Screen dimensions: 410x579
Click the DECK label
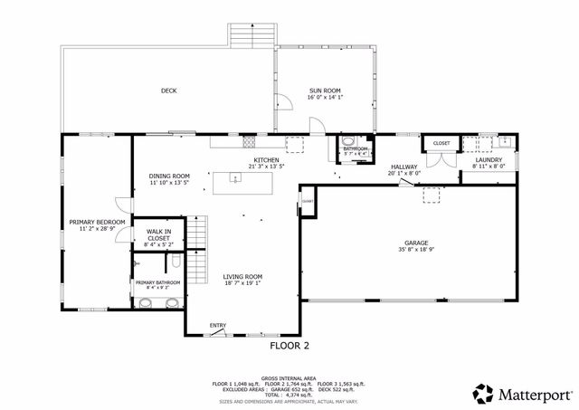pyautogui.click(x=168, y=91)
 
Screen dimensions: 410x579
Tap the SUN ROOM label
pyautogui.click(x=325, y=91)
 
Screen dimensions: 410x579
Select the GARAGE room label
pyautogui.click(x=415, y=243)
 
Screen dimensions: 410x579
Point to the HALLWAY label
pyautogui.click(x=403, y=167)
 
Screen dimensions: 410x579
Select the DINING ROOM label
pyautogui.click(x=169, y=176)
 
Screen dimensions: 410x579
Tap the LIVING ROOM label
pyautogui.click(x=242, y=276)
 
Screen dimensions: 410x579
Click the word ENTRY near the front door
pyautogui.click(x=218, y=325)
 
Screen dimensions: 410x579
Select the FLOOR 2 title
pyautogui.click(x=289, y=346)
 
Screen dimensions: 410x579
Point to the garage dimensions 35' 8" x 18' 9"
pyautogui.click(x=415, y=250)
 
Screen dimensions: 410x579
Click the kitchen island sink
pyautogui.click(x=234, y=179)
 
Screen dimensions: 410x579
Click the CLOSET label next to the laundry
pyautogui.click(x=441, y=144)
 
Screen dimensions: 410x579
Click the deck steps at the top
pyautogui.click(x=250, y=34)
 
